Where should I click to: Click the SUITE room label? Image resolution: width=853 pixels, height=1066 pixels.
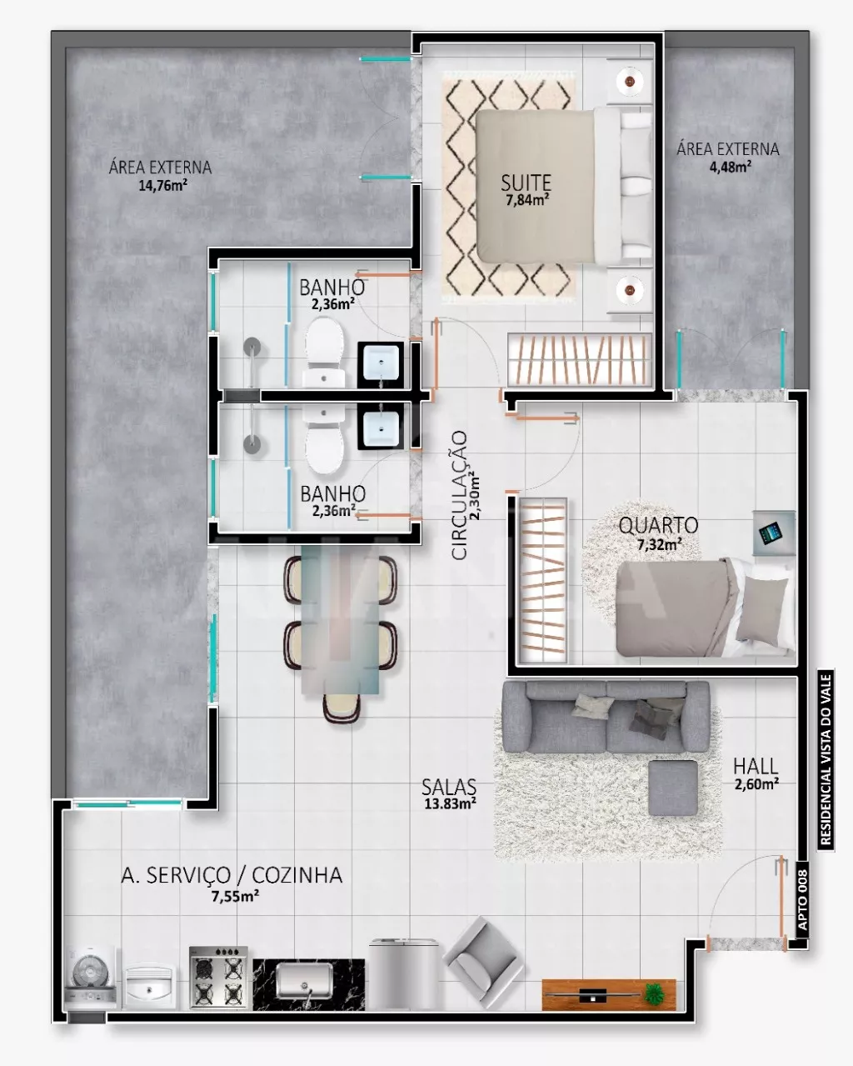pyautogui.click(x=526, y=183)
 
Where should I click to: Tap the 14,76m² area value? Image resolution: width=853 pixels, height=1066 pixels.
pyautogui.click(x=163, y=186)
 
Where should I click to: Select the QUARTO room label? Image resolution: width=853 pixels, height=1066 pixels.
pyautogui.click(x=658, y=526)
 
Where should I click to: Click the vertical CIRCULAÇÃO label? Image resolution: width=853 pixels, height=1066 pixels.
pyautogui.click(x=460, y=495)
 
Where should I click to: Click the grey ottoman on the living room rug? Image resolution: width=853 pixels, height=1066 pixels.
pyautogui.click(x=673, y=788)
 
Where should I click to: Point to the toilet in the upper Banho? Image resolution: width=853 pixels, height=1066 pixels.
pyautogui.click(x=324, y=352)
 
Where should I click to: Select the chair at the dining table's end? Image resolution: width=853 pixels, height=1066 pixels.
pyautogui.click(x=341, y=708)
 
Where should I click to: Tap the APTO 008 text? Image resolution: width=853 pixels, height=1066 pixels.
pyautogui.click(x=802, y=902)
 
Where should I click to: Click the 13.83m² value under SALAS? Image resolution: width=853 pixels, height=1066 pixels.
pyautogui.click(x=450, y=803)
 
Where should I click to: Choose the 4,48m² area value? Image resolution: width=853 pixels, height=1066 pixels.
pyautogui.click(x=731, y=167)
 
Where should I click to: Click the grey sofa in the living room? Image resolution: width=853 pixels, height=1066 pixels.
pyautogui.click(x=606, y=717)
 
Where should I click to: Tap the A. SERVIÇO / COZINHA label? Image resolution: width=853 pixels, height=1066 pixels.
pyautogui.click(x=232, y=876)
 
